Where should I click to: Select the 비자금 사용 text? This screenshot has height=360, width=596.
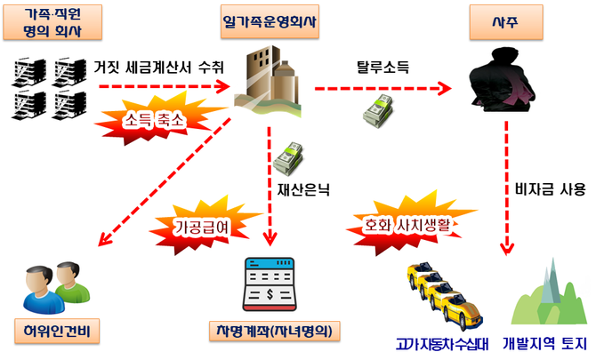pos(551,188)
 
